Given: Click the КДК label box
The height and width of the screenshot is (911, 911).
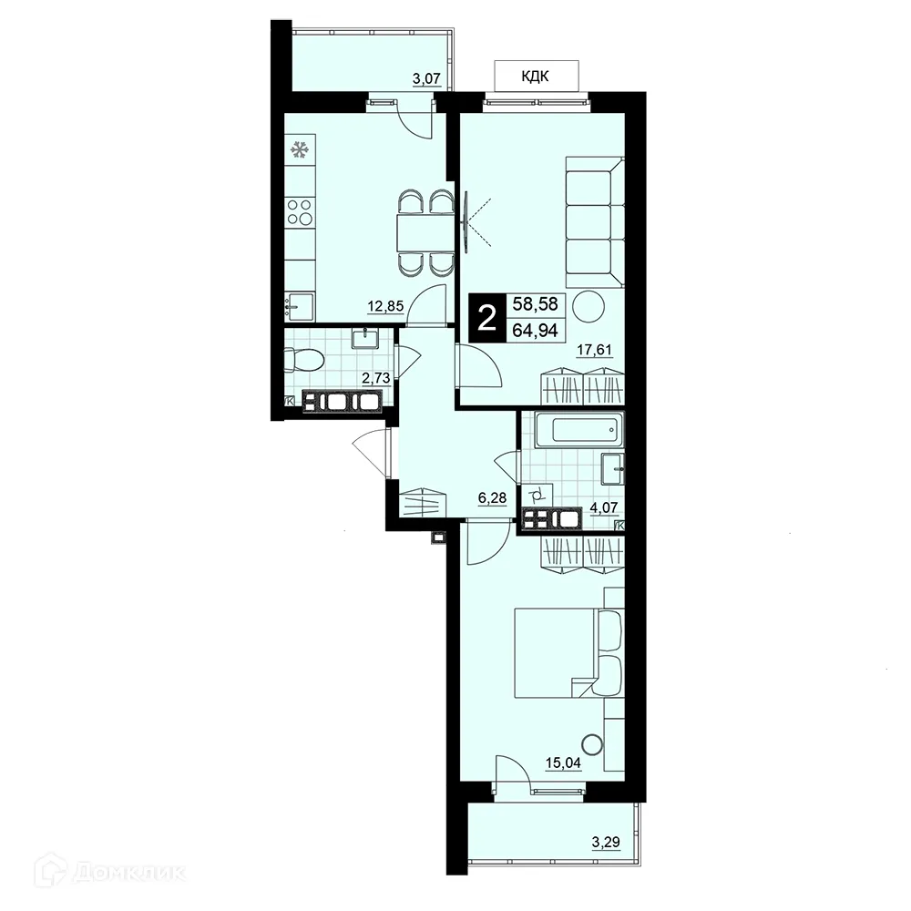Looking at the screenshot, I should [536, 77].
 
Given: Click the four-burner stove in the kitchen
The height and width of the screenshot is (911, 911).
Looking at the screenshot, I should [300, 213].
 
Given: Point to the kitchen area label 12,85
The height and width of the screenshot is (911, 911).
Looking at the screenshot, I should [384, 306].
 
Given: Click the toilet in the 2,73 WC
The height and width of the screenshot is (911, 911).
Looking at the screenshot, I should [303, 362].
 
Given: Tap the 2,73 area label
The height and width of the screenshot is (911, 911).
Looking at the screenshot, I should [375, 377].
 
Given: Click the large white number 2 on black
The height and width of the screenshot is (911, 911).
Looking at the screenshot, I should [488, 318].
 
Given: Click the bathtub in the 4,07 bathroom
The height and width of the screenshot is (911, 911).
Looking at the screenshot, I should [578, 429].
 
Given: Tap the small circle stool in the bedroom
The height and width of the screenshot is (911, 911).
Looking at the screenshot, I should [592, 743].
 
